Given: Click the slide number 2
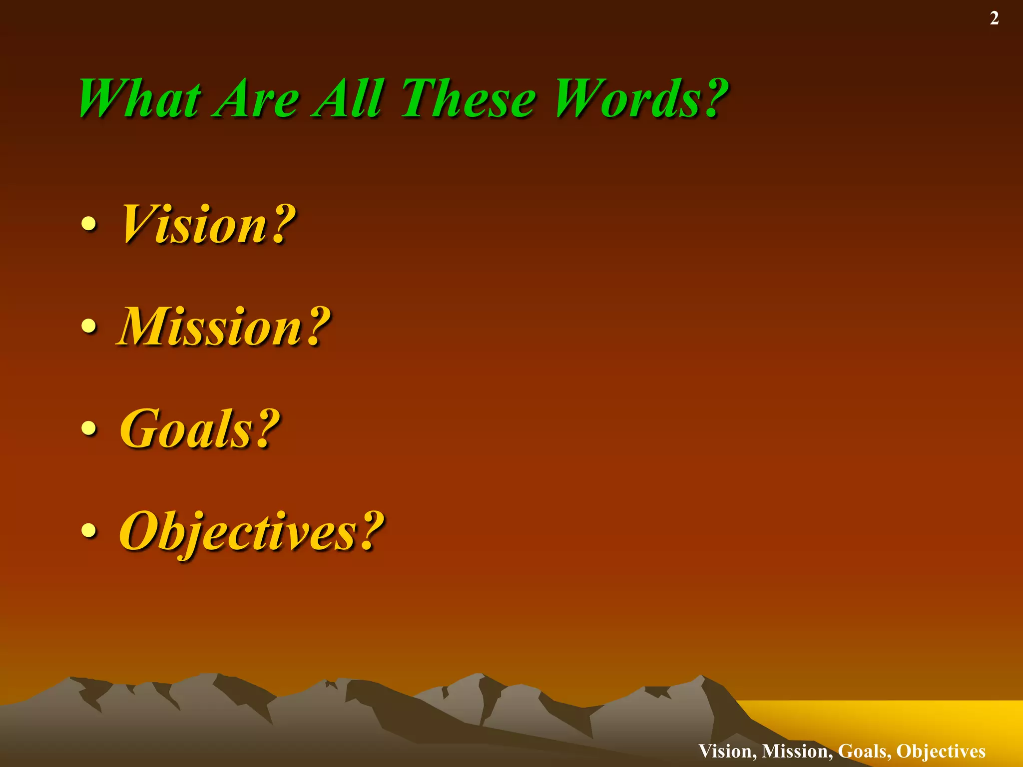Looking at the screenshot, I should click(x=994, y=18).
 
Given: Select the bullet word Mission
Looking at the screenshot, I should click(x=210, y=327).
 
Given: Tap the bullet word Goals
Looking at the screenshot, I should click(x=187, y=428).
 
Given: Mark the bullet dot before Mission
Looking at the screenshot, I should click(x=89, y=326).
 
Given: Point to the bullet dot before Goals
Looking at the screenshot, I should click(x=89, y=428).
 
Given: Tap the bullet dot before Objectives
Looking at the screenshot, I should click(x=89, y=530).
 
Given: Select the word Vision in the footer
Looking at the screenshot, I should click(x=727, y=751).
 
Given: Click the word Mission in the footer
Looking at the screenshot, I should click(x=797, y=751).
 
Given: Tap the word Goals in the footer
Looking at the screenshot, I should click(x=864, y=751).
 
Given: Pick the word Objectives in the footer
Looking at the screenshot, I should click(x=941, y=751).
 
